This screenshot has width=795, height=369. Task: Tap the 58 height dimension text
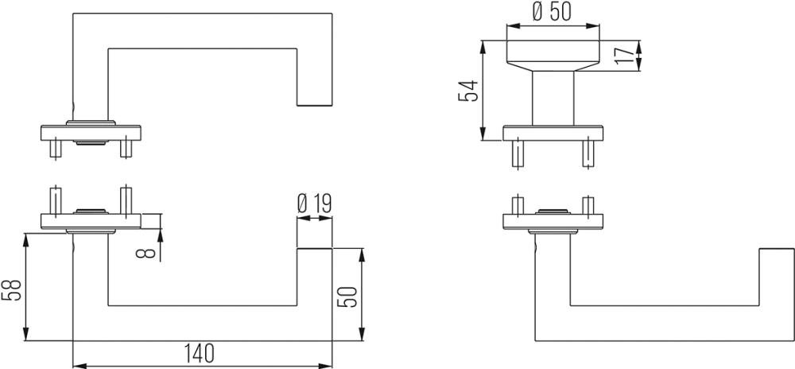[x=14, y=290]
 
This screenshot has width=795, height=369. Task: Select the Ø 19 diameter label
[x=313, y=204]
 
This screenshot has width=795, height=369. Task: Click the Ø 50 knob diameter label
[x=553, y=12]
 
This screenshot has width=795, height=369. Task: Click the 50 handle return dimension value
[x=349, y=297]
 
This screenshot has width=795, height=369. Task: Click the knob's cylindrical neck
[x=553, y=99]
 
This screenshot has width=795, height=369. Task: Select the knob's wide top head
[x=553, y=55]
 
